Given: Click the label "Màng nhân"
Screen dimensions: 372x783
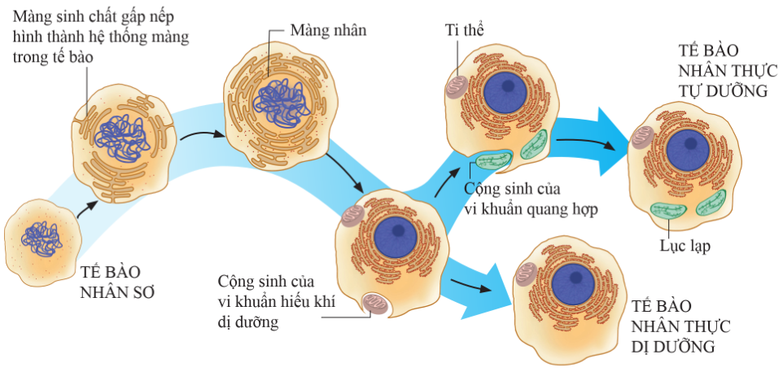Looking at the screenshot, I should pos(328,30).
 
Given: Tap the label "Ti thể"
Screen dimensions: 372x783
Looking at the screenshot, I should pos(465,30).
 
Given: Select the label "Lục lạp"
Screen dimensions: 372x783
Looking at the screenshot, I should pos(686,245).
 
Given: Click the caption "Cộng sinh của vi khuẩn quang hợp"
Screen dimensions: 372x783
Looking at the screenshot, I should pos(531,198).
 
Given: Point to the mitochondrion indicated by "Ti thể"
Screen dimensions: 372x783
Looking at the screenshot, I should pos(457,87).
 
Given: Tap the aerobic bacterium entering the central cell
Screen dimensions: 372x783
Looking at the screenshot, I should pos(376,304).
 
